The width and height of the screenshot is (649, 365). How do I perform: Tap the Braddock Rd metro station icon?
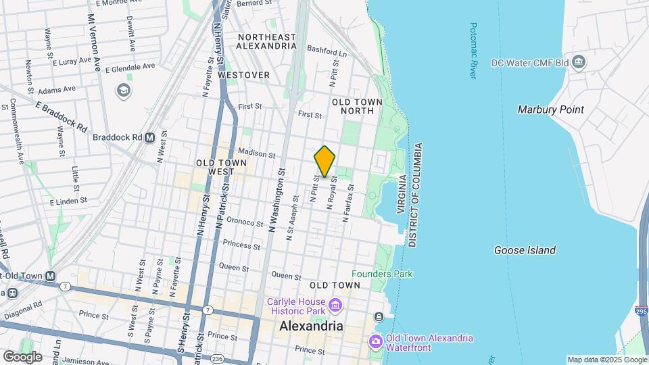click(150, 137)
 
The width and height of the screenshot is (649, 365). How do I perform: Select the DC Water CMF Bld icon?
click(579, 63)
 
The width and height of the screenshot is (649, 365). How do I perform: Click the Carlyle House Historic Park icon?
click(334, 306)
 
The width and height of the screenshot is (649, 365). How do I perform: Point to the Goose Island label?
click(525, 250)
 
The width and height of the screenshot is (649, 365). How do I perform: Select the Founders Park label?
click(382, 274)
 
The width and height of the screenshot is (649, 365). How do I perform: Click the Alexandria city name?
click(311, 326)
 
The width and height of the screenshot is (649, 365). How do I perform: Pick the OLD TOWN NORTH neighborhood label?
click(357, 106)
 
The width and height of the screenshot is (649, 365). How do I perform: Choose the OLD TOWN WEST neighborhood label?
click(221, 167)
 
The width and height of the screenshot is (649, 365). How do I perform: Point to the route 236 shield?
click(217, 358)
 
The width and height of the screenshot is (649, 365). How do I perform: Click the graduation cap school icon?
click(124, 91)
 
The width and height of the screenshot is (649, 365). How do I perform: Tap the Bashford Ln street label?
click(327, 51)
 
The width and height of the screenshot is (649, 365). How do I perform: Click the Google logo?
click(22, 356)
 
